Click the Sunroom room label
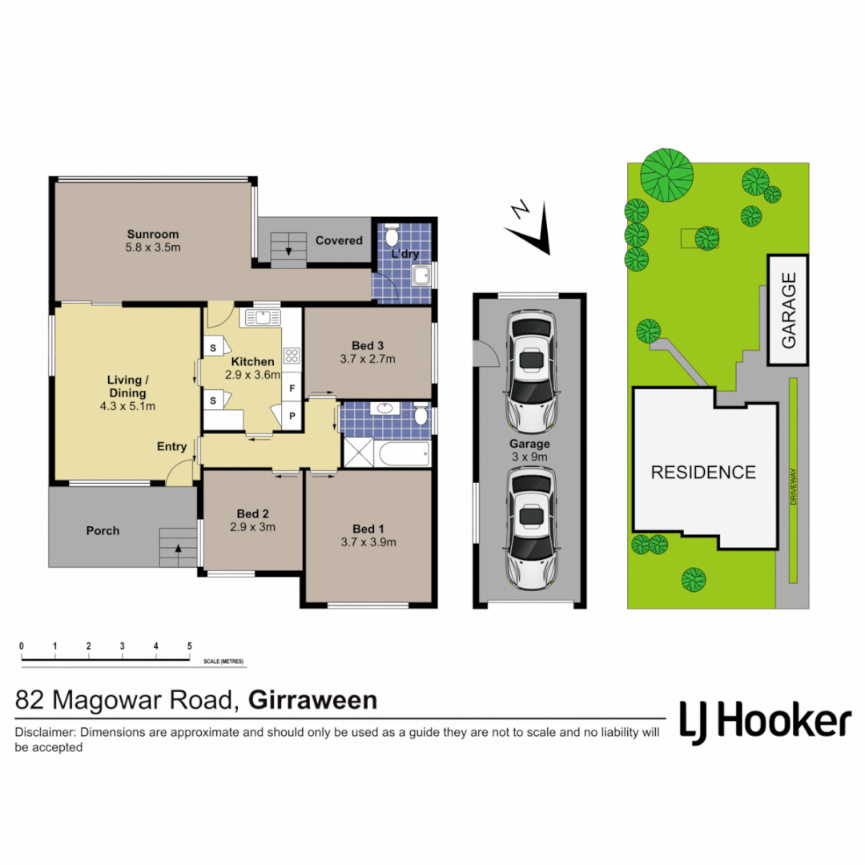[152, 234]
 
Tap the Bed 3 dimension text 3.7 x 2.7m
[368, 359]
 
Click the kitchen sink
[262, 317]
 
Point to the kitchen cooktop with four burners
[291, 356]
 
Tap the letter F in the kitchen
[292, 388]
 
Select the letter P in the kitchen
[292, 416]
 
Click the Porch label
[103, 530]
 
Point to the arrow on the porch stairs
[175, 549]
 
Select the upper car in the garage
[529, 369]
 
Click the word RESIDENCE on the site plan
[702, 473]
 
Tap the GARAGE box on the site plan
[788, 310]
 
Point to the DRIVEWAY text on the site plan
[794, 485]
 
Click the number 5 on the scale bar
[189, 646]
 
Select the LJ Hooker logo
[765, 721]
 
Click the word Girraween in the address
[313, 701]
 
